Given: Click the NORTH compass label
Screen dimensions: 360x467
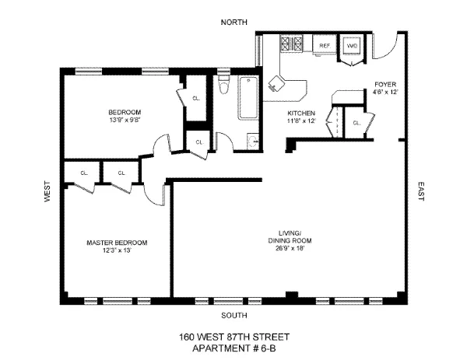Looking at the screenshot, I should click(233, 22).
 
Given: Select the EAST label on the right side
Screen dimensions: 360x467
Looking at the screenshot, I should click(420, 192).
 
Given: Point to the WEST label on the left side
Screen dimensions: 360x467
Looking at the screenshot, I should click(47, 193).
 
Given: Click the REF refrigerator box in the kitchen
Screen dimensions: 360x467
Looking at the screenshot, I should click(325, 46).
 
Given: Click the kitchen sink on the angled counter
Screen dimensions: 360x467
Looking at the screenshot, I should click(276, 82).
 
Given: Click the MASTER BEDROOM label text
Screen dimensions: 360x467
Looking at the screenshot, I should click(117, 243).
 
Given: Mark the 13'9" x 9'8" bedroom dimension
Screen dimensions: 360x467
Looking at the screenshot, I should click(125, 120).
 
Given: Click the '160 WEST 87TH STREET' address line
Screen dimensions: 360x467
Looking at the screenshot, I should click(233, 337).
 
